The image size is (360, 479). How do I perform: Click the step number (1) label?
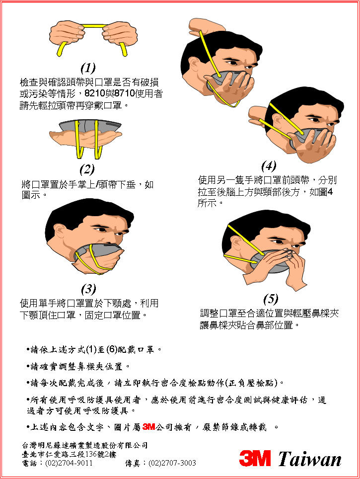click(x=88, y=68)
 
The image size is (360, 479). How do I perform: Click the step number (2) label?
click(x=87, y=169)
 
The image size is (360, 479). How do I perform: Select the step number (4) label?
click(x=269, y=166)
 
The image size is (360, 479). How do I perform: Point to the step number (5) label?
click(x=271, y=299)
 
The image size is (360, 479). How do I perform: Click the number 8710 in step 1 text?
click(x=125, y=93)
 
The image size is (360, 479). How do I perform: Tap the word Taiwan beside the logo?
click(x=309, y=459)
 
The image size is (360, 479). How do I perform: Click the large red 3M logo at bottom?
click(x=255, y=458)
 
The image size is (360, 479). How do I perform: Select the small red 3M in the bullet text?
click(x=148, y=427)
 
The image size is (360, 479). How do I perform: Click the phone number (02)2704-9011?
click(x=69, y=463)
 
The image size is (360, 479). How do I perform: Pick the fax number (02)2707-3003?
click(x=172, y=463)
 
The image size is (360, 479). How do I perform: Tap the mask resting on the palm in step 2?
click(x=90, y=126)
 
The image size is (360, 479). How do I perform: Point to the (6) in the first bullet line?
click(x=111, y=349)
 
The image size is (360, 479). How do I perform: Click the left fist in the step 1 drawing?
click(x=67, y=34)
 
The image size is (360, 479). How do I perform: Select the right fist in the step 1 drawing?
click(x=120, y=34)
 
